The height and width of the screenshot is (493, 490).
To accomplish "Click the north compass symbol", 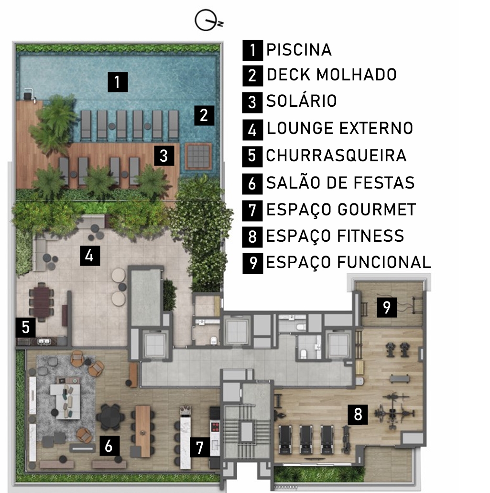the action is [x=207, y=20].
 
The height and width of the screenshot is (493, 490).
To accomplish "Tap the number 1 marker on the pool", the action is [x=118, y=82].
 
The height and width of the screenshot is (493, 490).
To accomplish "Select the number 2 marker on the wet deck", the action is [x=204, y=115].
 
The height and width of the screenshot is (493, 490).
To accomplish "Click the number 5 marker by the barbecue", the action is [x=26, y=327].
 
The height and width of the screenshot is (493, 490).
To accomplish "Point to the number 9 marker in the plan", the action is [x=387, y=307].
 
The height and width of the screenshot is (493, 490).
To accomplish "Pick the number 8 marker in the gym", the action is [x=358, y=415].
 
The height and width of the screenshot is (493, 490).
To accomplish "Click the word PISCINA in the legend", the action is [x=299, y=50].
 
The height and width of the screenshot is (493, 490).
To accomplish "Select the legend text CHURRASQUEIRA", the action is [x=336, y=156].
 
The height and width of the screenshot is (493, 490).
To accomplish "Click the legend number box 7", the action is [x=252, y=211].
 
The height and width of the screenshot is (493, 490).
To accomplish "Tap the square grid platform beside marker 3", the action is [x=198, y=156].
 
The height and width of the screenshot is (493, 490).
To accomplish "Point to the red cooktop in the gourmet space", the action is [x=215, y=426].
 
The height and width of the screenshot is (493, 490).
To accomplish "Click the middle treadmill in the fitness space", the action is [x=305, y=439].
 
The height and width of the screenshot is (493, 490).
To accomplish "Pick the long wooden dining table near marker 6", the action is [x=143, y=431].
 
